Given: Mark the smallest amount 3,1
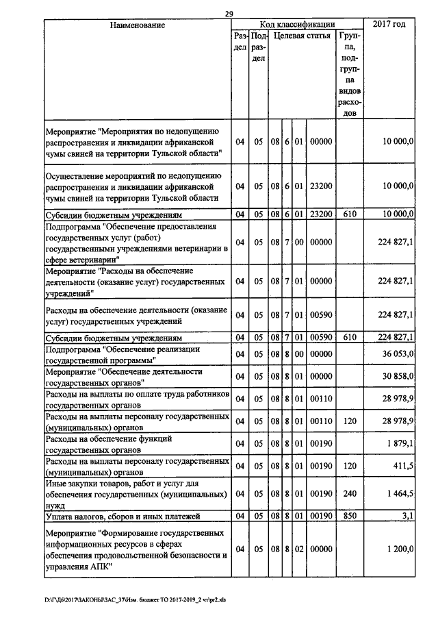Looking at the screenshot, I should [x=409, y=515].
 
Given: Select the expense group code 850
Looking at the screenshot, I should [x=350, y=515].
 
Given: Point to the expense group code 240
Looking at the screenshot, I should [x=350, y=493].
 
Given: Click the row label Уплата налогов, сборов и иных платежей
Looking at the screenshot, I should [x=128, y=515].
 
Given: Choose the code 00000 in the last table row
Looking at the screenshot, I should [x=320, y=549].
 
